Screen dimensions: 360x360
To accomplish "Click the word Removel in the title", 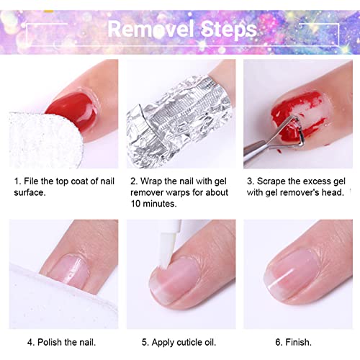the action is click(x=151, y=29).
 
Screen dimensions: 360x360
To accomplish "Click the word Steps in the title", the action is click(x=228, y=30).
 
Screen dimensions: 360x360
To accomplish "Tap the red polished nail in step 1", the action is click(x=71, y=111).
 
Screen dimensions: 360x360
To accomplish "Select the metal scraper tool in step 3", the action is click(x=271, y=139).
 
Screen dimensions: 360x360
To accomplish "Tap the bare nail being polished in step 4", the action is click(x=70, y=271).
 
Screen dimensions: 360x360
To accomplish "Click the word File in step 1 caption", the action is click(x=31, y=181).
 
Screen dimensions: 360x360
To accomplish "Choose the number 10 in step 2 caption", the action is click(x=135, y=204).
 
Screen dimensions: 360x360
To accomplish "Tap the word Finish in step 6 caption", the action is click(x=298, y=342).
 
